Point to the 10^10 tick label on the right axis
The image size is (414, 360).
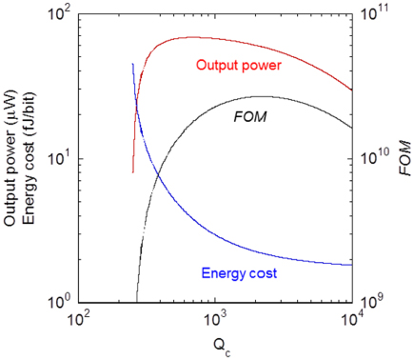click(371, 158)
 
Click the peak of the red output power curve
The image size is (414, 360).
click(190, 37)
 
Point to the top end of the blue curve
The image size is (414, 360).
click(132, 63)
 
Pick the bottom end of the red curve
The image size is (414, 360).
click(133, 172)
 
